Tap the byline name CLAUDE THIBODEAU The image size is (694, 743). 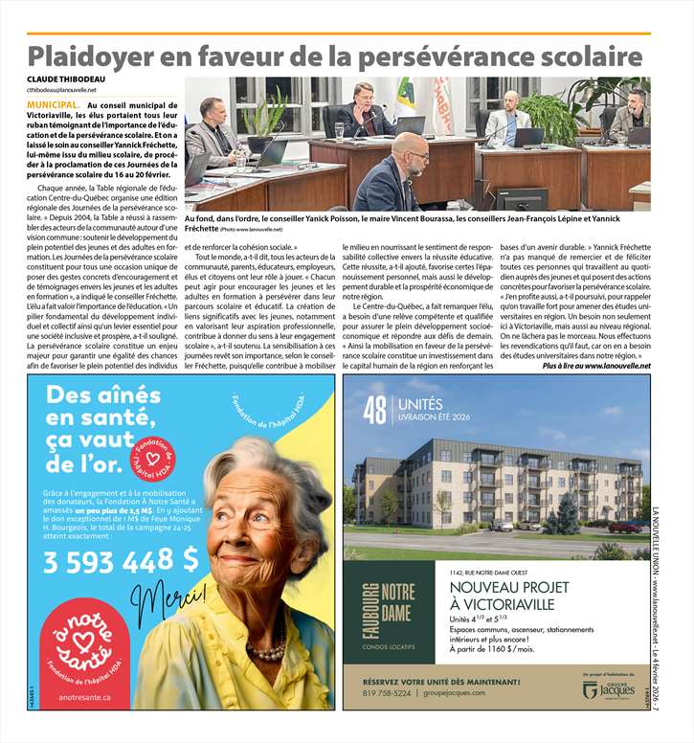(67, 78)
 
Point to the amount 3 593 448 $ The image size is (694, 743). (122, 560)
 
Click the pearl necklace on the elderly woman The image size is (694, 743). (267, 651)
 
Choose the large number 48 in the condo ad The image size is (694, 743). (374, 410)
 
